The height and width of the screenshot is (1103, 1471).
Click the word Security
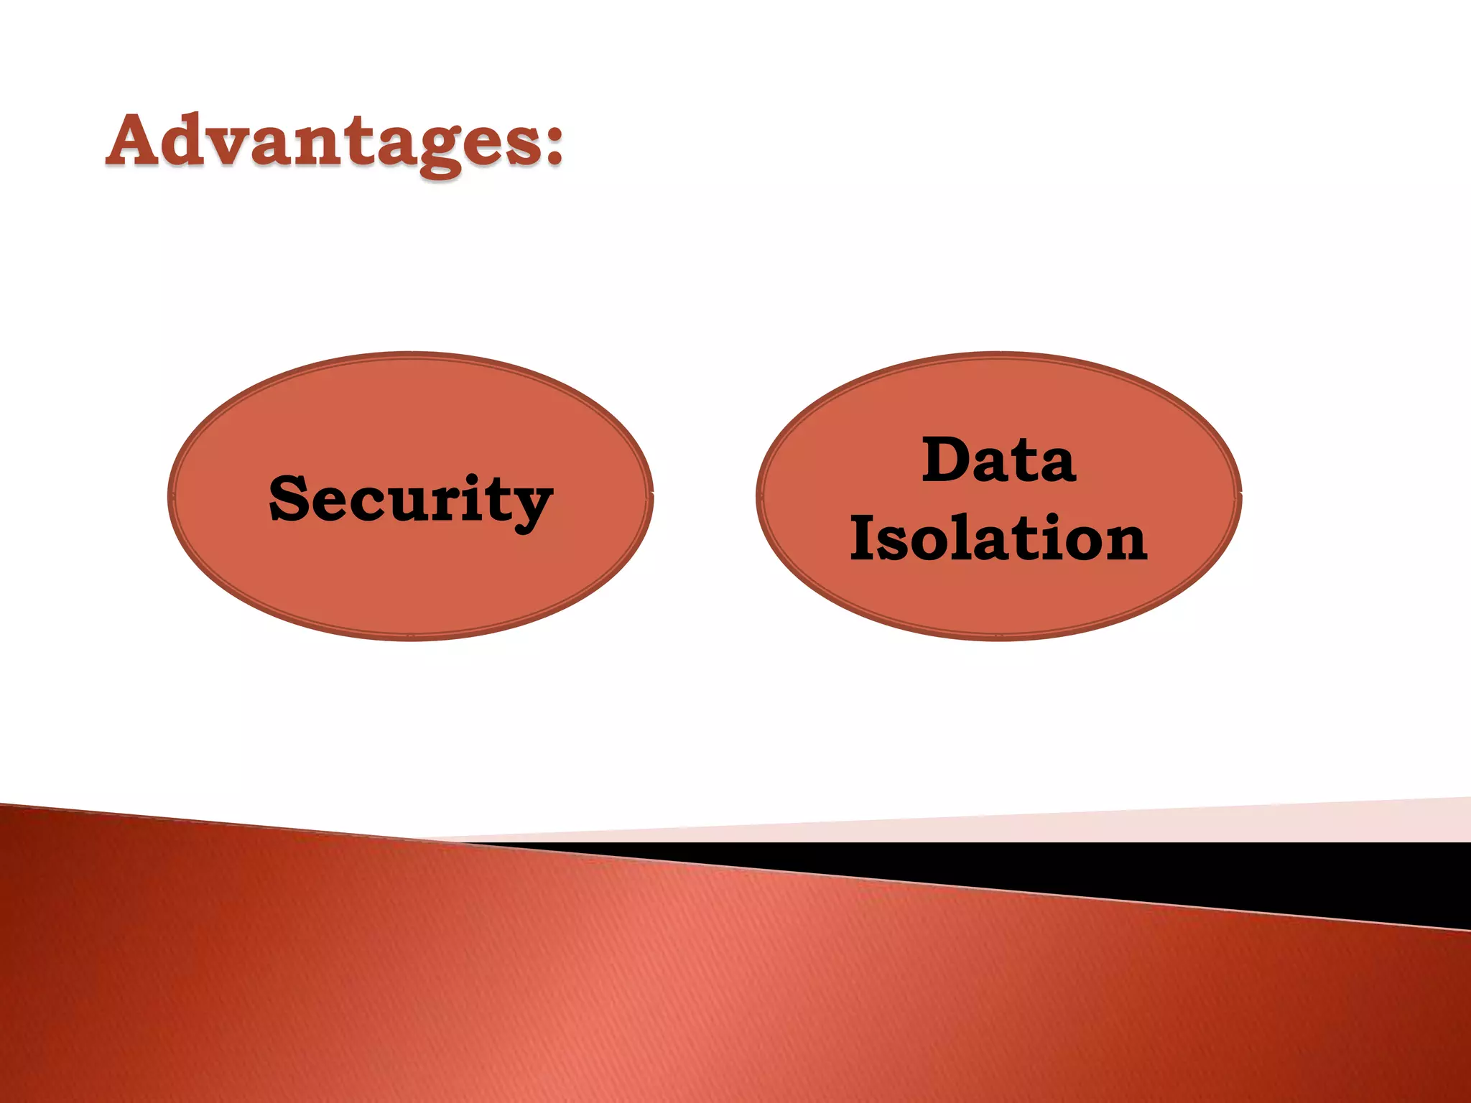pos(411,500)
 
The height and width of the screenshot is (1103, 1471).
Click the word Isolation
pos(998,538)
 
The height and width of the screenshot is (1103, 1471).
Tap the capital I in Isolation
pos(862,538)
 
